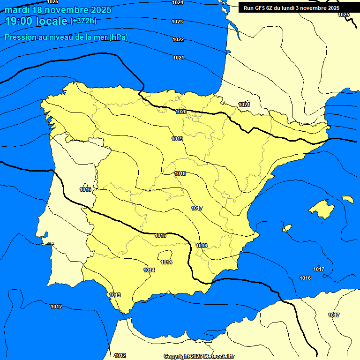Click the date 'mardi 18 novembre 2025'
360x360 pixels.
[x=58, y=10]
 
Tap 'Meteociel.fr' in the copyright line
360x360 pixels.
[x=218, y=356]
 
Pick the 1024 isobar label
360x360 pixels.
[x=178, y=3]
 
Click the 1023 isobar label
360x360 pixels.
[x=177, y=22]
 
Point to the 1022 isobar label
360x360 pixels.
[x=178, y=39]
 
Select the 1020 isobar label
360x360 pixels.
[x=181, y=112]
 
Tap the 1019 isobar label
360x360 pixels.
[x=177, y=139]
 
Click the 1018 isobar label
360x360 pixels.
[x=180, y=173]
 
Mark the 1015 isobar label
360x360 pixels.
[x=160, y=235]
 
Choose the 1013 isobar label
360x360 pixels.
[x=115, y=295]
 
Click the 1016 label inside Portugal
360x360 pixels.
[x=85, y=189]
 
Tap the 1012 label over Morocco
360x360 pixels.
[x=120, y=355]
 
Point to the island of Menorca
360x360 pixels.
[x=348, y=199]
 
